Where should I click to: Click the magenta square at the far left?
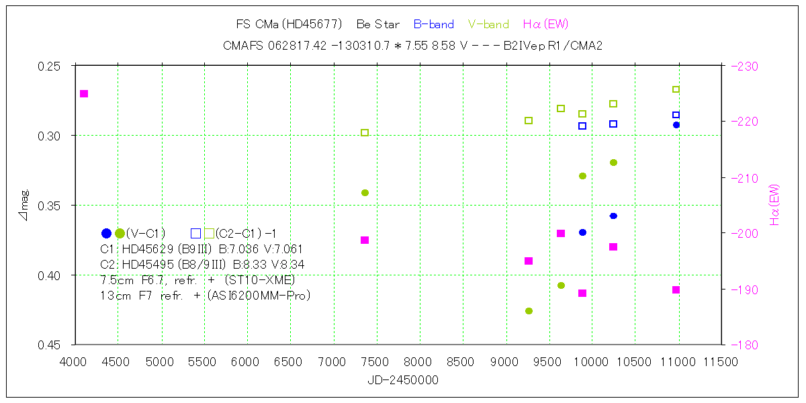84,93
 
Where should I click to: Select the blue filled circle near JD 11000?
676,125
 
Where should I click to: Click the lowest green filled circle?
529,311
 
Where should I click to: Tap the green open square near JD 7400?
365,132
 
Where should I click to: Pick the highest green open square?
676,89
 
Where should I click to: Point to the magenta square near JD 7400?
365,240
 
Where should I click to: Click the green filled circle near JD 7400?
365,193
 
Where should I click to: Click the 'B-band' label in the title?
433,25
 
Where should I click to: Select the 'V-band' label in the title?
488,25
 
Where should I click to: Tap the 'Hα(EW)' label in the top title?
545,25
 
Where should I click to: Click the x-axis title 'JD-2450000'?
403,380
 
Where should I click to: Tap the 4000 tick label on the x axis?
74,361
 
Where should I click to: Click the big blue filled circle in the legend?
106,234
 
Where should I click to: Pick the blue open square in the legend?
195,234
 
